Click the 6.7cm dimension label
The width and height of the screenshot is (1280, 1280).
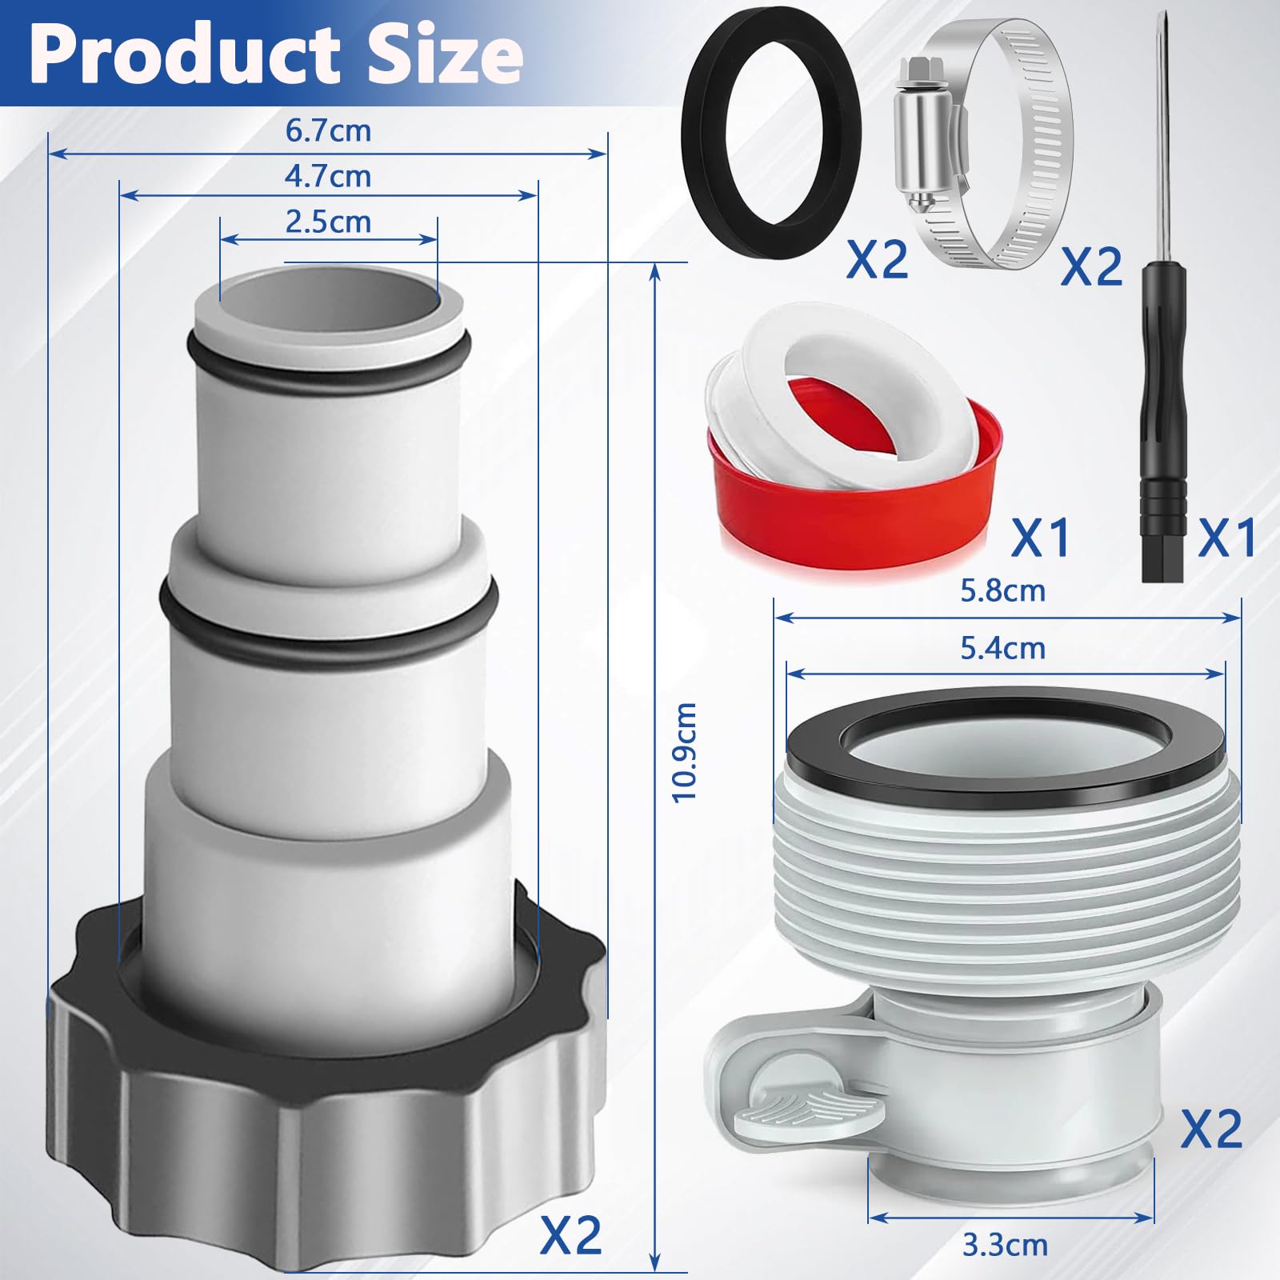pos(328,130)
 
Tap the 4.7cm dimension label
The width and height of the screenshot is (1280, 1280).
pos(328,176)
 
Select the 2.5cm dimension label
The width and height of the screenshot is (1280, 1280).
pos(328,222)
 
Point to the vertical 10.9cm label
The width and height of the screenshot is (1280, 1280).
pos(685,752)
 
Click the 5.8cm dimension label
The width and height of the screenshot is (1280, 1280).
pos(1002,591)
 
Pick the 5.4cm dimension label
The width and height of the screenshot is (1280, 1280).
pos(1002,648)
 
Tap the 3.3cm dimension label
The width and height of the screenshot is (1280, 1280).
pos(1005,1245)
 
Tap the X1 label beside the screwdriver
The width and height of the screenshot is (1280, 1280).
pos(1226,538)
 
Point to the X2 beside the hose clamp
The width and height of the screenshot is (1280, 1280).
pos(1091,266)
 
